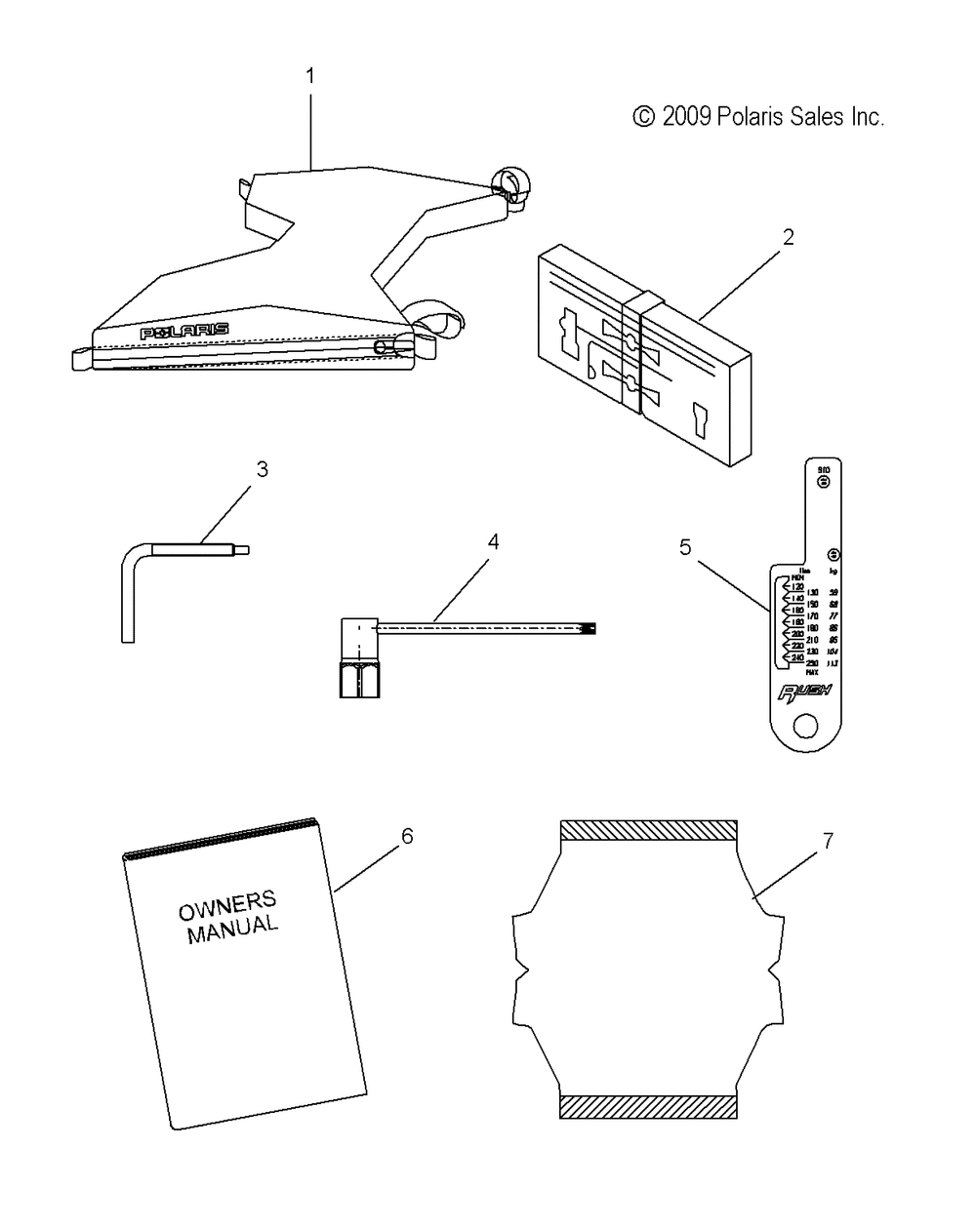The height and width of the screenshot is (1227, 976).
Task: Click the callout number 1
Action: tap(310, 75)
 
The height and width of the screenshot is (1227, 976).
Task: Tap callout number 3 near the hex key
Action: tap(262, 469)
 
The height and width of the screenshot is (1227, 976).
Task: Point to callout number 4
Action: tap(494, 541)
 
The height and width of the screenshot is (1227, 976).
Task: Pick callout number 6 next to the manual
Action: tap(407, 836)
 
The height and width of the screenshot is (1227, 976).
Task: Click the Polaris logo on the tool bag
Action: tap(184, 332)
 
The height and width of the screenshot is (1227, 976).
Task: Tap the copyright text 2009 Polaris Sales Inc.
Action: tap(759, 118)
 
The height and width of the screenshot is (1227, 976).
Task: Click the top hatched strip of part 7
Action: tap(648, 830)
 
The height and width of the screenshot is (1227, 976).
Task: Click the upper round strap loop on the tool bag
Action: tap(509, 185)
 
